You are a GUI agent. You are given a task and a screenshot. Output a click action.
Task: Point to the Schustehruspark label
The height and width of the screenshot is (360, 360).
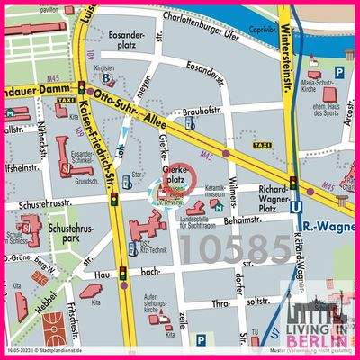(x=69, y=234)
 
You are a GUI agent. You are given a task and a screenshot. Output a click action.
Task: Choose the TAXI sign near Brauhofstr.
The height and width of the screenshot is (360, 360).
(x=237, y=144)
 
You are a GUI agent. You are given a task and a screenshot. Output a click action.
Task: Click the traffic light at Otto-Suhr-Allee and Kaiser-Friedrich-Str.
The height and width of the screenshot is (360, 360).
(x=82, y=88)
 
